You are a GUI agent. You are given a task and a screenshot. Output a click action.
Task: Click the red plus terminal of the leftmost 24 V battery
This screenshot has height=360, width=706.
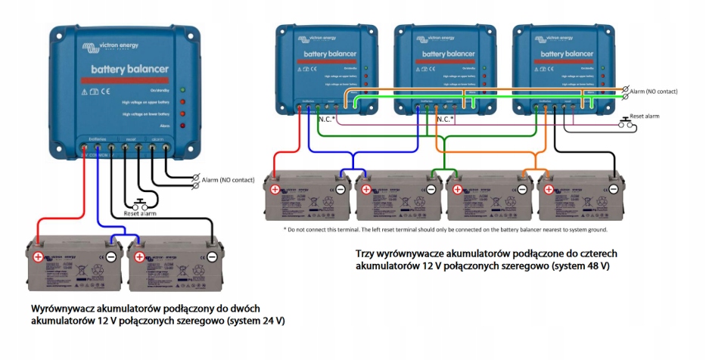click(38, 256)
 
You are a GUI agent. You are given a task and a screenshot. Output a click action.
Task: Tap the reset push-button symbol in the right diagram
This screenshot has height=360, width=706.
click(626, 123)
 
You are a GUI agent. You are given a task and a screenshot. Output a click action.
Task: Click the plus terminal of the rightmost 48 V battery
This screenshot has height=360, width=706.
click(548, 188)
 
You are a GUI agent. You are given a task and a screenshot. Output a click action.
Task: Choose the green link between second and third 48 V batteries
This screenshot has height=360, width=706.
click(435, 171)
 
